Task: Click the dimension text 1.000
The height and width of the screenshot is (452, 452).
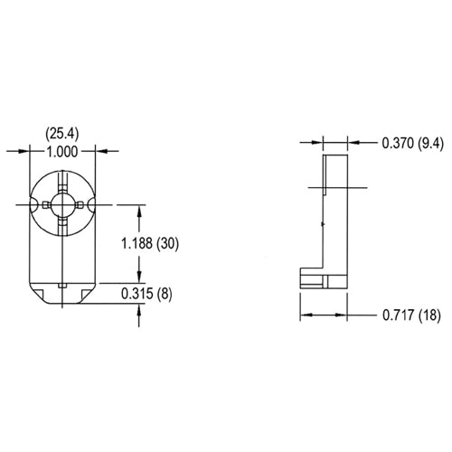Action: [61, 152]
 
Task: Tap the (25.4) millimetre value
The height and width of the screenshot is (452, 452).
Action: [61, 134]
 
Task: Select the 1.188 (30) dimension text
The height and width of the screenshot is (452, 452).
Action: [150, 243]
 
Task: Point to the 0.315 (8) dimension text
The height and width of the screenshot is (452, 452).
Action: [146, 294]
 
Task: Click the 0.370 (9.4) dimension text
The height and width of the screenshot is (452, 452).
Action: [413, 143]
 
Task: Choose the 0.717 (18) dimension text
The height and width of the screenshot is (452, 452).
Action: [411, 315]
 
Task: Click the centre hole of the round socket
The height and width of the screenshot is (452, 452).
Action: [62, 205]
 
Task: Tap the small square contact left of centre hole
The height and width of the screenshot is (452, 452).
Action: [46, 205]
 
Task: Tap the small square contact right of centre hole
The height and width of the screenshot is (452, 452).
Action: [79, 205]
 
